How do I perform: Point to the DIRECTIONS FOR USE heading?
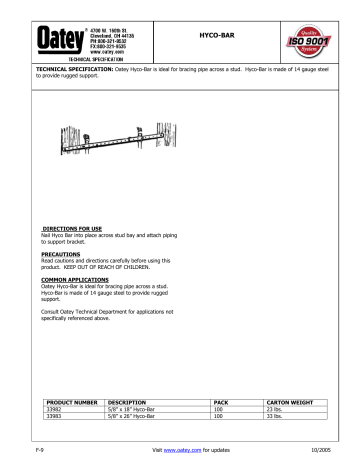(76, 228)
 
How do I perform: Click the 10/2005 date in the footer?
(325, 453)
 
